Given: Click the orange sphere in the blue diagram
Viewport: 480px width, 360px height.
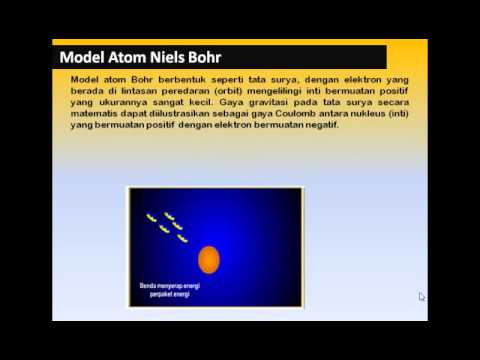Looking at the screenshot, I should point(209,261).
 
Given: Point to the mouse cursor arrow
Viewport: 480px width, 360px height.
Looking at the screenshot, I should point(421,296).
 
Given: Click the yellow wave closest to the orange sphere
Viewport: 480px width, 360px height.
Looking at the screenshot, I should point(183,237).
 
